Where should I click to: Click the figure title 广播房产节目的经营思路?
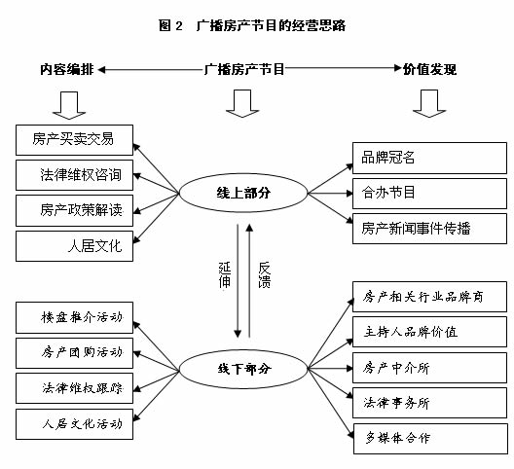coord(271,25)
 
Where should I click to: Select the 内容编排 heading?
coord(67,69)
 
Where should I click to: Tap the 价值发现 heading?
coord(429,69)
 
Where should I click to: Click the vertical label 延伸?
coord(225,275)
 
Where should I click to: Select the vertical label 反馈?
coord(264,275)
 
